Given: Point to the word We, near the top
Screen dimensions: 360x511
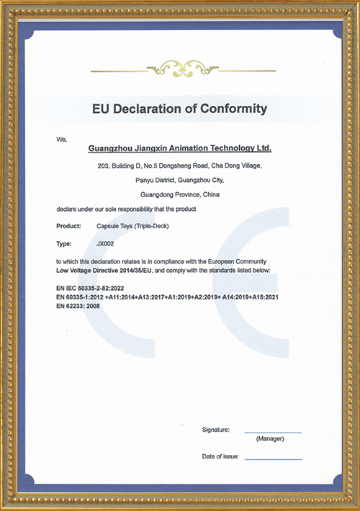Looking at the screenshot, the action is click(x=61, y=138).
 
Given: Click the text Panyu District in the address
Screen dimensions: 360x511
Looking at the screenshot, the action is click(x=160, y=180).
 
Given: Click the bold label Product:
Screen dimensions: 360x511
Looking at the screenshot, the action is click(x=68, y=226).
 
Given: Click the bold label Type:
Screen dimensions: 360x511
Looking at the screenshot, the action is click(x=64, y=243).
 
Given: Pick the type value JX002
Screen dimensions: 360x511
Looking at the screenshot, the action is click(x=105, y=243).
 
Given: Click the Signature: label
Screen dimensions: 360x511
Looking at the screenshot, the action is click(x=216, y=429).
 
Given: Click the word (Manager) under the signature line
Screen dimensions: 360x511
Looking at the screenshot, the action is click(x=270, y=439).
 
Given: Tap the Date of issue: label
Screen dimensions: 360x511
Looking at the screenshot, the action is click(x=220, y=456).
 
